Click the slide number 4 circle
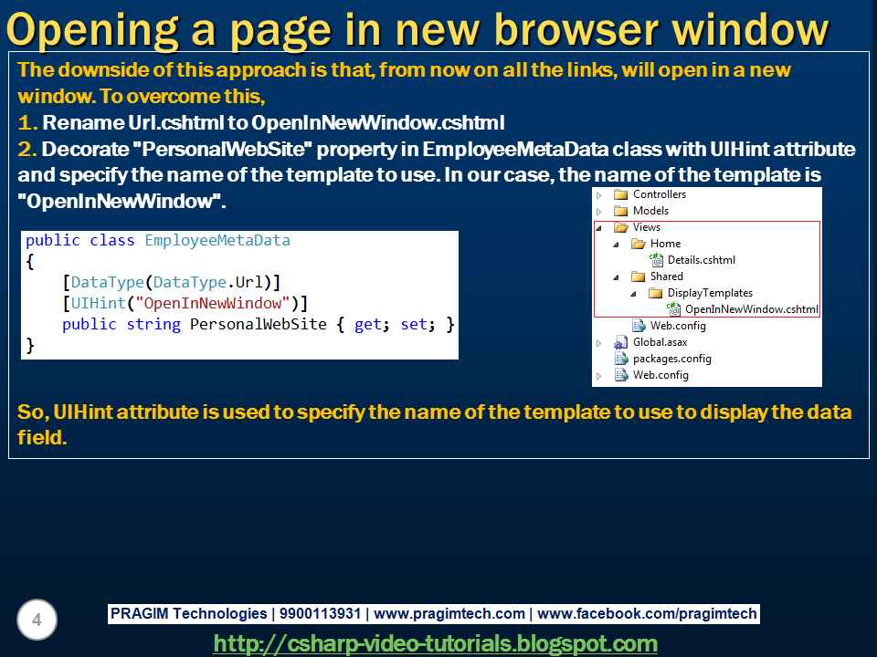click(x=37, y=620)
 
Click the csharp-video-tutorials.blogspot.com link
click(x=435, y=643)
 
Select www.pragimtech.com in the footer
click(x=449, y=614)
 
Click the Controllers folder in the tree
click(x=659, y=194)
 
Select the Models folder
click(x=650, y=211)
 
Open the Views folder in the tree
click(x=646, y=227)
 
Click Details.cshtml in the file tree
click(x=701, y=260)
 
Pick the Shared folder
click(x=666, y=276)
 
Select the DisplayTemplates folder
click(x=710, y=293)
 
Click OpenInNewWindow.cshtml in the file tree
click(x=751, y=309)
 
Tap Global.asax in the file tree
click(x=660, y=342)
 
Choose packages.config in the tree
click(x=671, y=359)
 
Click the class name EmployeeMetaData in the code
click(x=217, y=241)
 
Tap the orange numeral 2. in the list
click(x=27, y=149)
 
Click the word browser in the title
click(x=556, y=29)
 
